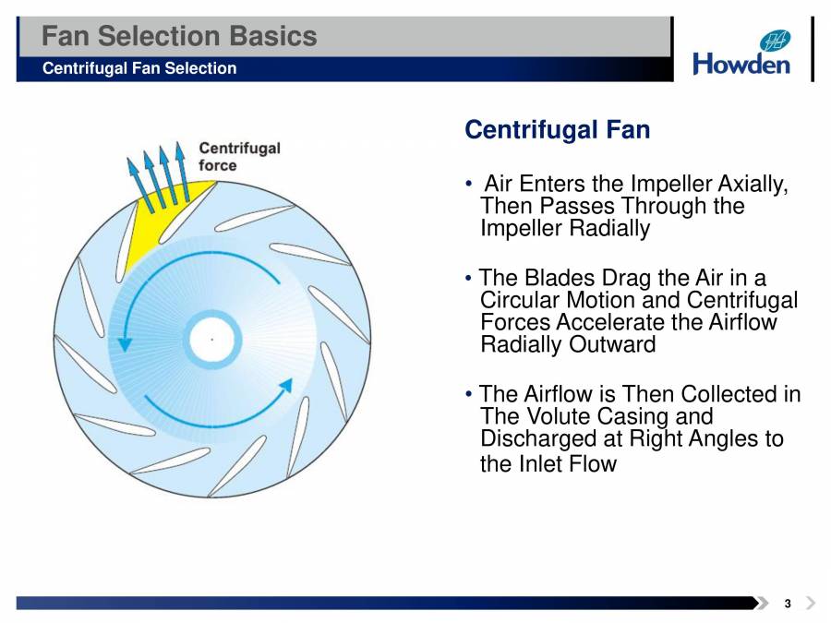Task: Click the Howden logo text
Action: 741,64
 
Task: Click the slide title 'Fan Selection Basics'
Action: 180,37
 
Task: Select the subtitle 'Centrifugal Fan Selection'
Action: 139,68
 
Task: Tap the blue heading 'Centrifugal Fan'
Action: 557,130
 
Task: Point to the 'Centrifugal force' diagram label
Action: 239,157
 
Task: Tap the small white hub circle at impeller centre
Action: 213,340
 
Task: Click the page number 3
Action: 787,604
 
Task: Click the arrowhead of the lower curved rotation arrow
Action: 285,385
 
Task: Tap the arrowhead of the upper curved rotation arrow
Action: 125,342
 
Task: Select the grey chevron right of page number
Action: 810,604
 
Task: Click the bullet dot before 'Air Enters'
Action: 471,183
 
